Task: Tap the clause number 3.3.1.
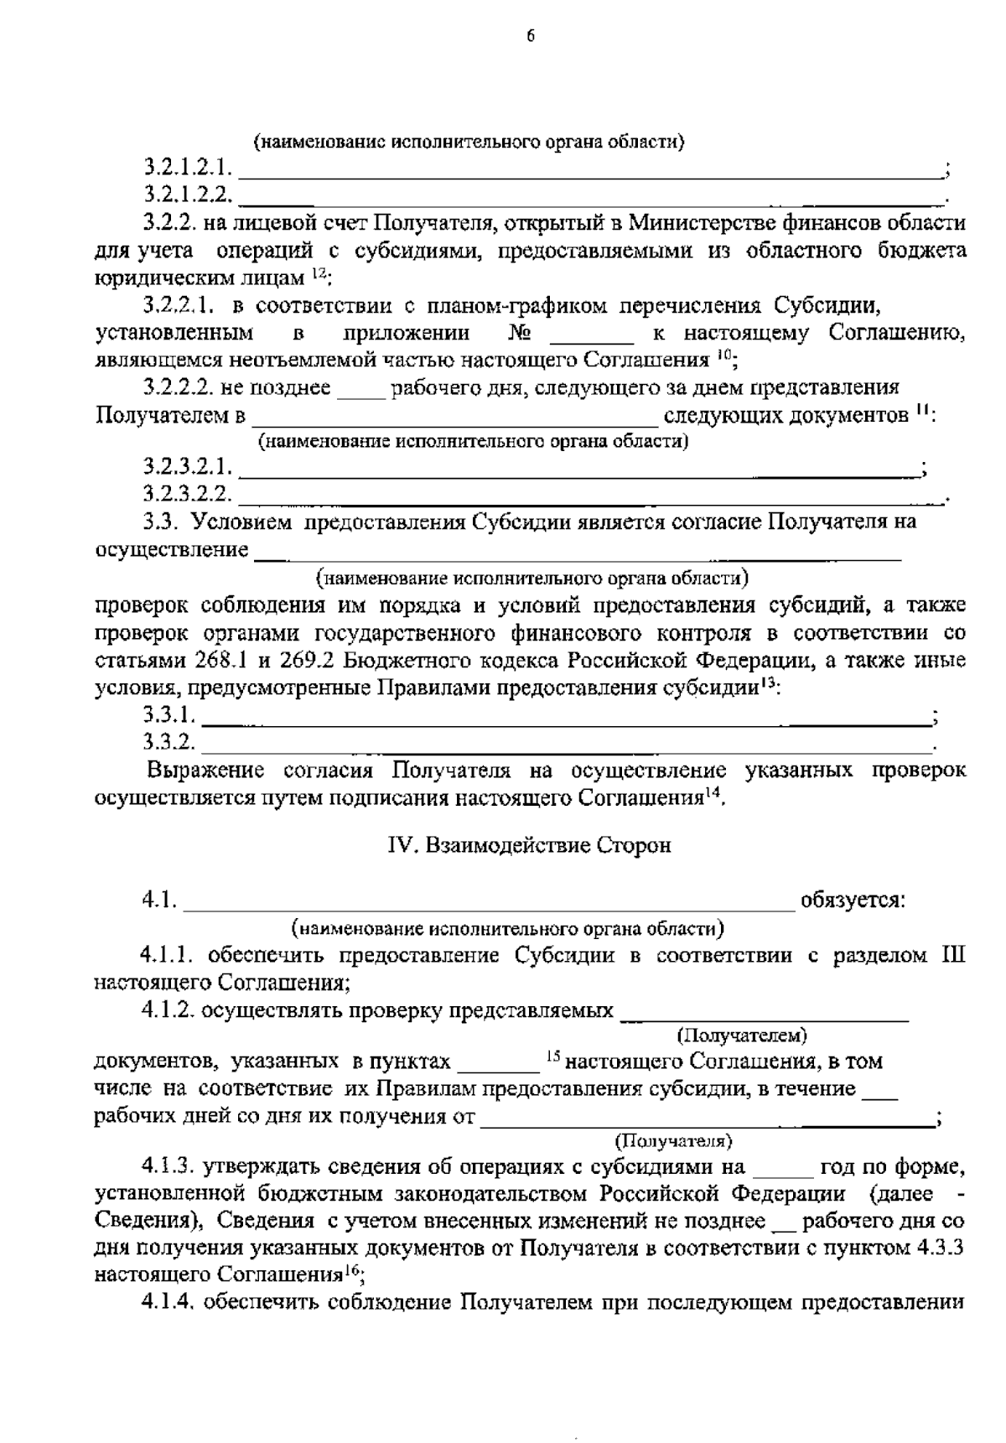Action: [169, 715]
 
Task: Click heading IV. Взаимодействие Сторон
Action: [529, 845]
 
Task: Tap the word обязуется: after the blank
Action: [853, 901]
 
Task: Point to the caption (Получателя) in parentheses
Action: [673, 1141]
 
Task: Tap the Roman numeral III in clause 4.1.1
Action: [951, 955]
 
